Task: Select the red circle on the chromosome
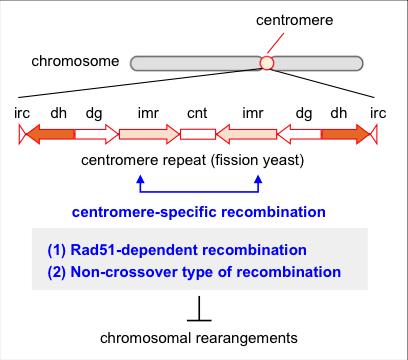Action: (266, 63)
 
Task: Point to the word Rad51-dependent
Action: (129, 248)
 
